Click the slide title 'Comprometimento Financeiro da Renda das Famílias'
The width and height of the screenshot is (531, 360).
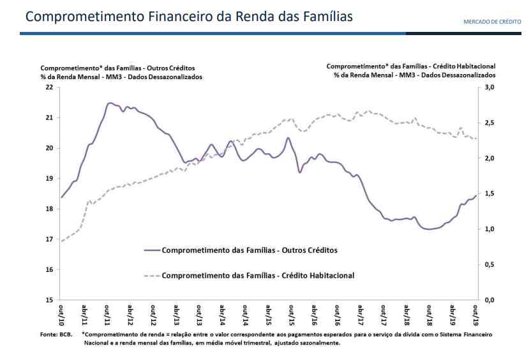189,16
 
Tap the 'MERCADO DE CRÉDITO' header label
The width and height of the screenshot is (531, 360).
493,22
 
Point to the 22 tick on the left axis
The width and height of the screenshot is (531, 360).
49,87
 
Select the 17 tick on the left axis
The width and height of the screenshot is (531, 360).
49,239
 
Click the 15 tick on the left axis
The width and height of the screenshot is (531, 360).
49,300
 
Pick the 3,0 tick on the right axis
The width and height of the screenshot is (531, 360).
490,87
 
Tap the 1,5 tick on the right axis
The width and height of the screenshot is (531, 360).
490,193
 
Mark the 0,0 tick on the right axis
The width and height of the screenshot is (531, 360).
490,300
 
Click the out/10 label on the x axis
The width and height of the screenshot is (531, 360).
62,313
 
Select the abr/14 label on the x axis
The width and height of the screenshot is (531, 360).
223,313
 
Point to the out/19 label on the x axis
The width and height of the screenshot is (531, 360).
475,313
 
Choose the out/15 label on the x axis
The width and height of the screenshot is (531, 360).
292,313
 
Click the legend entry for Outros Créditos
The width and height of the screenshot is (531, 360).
250,250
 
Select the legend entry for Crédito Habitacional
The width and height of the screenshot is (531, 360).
258,276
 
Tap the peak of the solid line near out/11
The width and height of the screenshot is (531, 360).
109,102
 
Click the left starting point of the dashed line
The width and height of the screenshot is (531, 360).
62,241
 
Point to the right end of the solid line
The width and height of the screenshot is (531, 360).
476,195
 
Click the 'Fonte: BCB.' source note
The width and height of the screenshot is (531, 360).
56,334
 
